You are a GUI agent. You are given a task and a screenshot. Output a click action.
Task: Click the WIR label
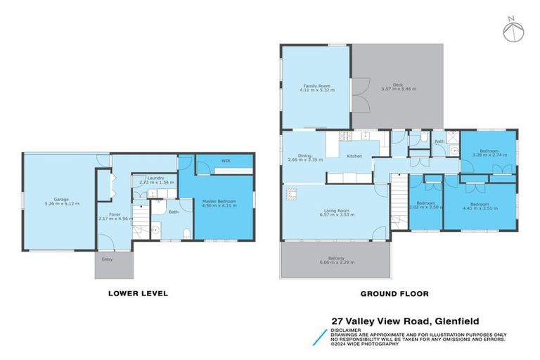coord(226,161)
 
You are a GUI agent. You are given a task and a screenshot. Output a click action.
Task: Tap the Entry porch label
coord(108,259)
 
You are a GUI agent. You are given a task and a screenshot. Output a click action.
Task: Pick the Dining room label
coord(304,157)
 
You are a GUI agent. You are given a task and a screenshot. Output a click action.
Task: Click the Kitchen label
coord(354,155)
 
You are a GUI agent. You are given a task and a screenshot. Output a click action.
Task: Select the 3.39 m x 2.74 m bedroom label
coord(489,153)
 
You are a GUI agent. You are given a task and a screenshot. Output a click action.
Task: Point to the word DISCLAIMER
coord(348,329)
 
